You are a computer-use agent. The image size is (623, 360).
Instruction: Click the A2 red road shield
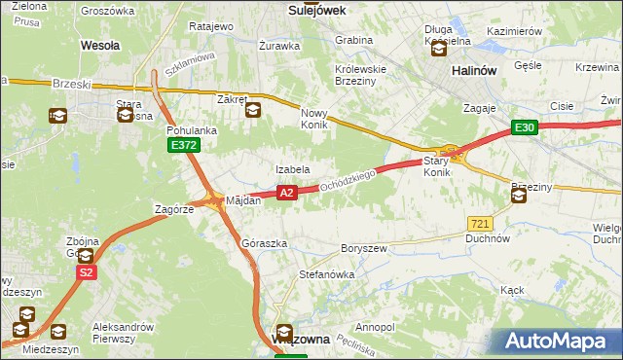tap(286, 194)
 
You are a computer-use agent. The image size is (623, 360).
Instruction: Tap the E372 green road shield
tap(183, 145)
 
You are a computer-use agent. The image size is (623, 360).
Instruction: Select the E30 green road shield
tap(525, 127)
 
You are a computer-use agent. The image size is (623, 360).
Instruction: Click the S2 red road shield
tap(87, 273)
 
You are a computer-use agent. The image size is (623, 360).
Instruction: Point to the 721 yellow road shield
tap(478, 224)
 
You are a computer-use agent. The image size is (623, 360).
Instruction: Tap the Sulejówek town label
tap(318, 9)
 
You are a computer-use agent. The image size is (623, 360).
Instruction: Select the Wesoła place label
tap(99, 45)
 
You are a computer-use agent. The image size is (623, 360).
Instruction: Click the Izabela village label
tap(292, 169)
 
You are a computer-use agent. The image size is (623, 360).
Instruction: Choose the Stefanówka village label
tap(326, 274)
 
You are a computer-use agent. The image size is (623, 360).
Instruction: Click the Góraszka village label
tap(264, 242)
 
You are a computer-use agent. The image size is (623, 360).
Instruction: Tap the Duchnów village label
tap(488, 237)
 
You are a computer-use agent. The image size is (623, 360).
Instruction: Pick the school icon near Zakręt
tap(252, 110)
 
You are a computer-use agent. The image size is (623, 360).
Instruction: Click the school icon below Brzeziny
tap(518, 196)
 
